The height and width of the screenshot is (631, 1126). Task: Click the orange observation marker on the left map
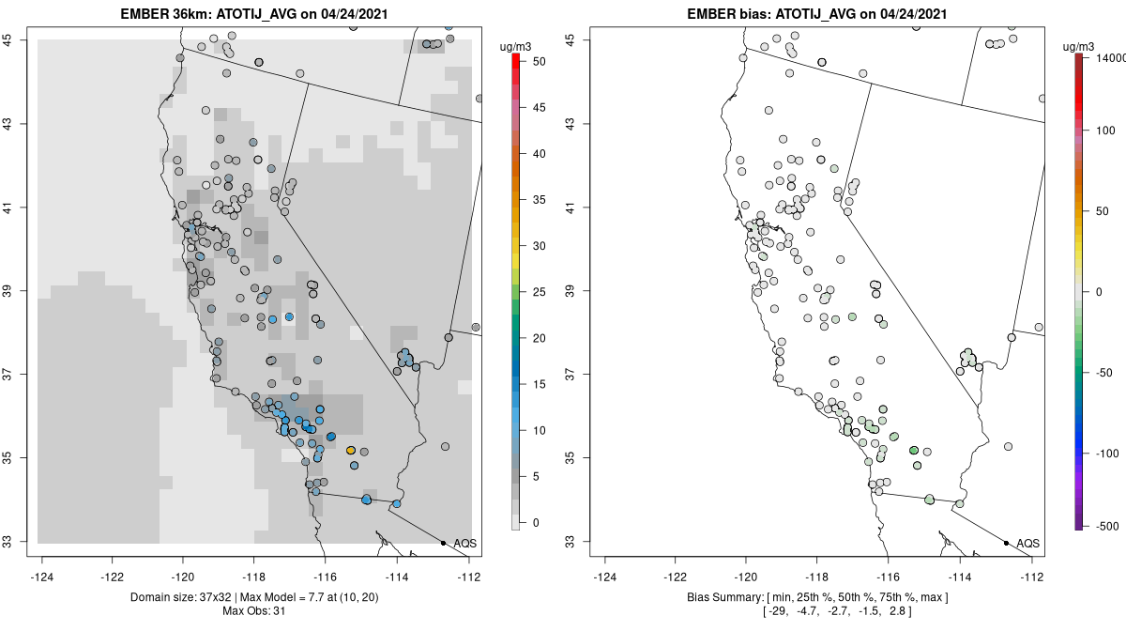(x=351, y=451)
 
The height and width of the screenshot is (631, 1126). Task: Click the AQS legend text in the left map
(x=465, y=544)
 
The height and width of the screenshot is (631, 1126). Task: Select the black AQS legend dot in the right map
(x=1005, y=543)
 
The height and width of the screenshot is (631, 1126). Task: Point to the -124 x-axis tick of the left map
(x=42, y=577)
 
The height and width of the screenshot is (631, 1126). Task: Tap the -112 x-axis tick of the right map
(x=1032, y=577)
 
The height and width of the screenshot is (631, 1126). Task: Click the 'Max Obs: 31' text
(x=254, y=611)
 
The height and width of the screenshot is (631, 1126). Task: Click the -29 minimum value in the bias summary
(x=779, y=611)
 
